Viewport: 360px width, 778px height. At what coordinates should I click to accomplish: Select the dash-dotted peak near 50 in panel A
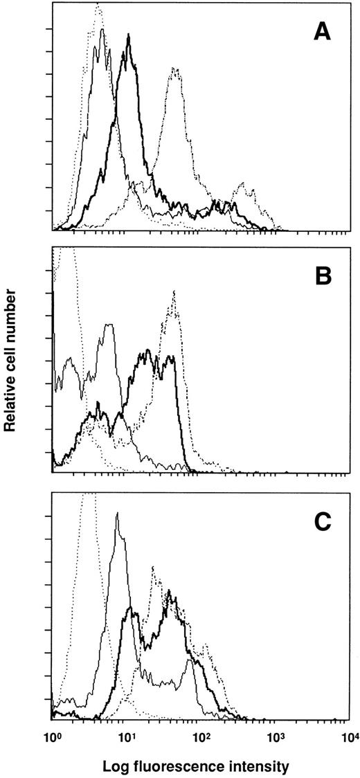point(175,69)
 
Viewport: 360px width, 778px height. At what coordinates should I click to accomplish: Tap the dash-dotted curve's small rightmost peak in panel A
point(242,183)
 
